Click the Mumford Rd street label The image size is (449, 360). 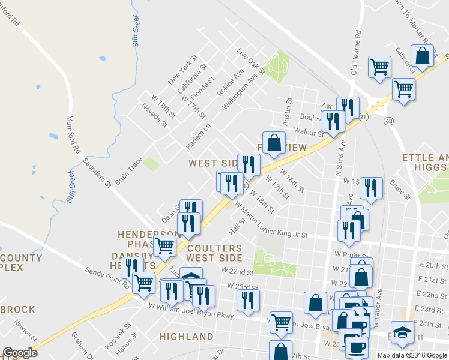(x=73, y=136)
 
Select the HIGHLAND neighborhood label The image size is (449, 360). (x=186, y=337)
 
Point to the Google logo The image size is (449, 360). (x=20, y=353)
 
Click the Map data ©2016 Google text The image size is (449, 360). (x=412, y=355)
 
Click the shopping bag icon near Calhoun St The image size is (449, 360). (x=423, y=56)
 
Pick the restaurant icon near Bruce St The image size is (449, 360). (x=372, y=187)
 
